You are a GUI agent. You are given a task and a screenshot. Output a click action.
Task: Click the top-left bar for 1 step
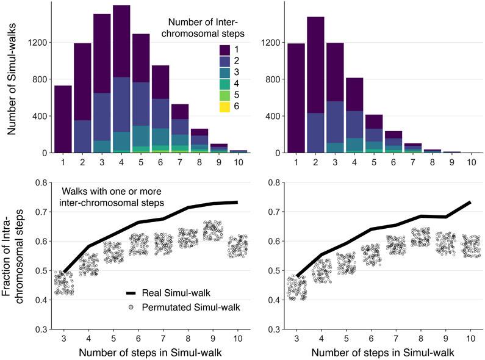point(63,119)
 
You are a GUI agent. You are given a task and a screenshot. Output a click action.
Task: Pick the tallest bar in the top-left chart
point(121,79)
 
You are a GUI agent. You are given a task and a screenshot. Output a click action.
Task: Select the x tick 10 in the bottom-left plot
point(239,337)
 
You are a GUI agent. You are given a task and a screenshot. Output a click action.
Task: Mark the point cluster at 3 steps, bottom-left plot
point(63,283)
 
